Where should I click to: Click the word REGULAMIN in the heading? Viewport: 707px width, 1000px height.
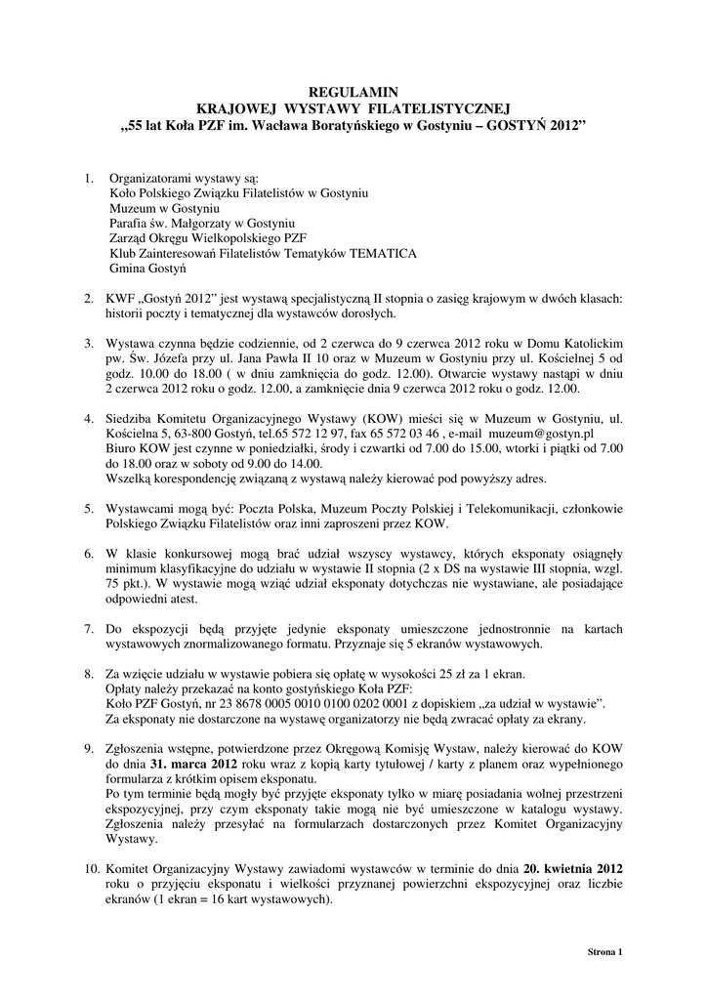tap(353, 89)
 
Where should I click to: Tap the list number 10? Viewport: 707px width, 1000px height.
tap(91, 868)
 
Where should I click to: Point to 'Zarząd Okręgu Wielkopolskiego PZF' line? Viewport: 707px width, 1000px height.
tap(208, 238)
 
